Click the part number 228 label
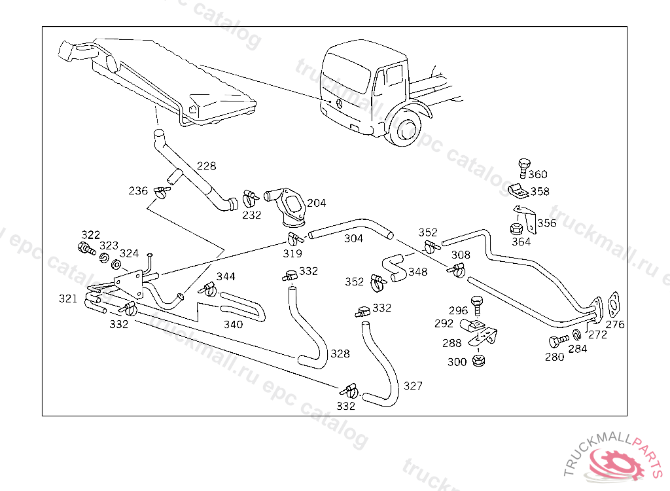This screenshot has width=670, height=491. (x=206, y=166)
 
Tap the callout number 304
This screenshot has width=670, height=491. (x=353, y=239)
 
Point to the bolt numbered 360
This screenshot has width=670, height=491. (x=523, y=166)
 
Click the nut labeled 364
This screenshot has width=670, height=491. (x=515, y=230)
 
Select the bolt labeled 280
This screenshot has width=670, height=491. (x=558, y=341)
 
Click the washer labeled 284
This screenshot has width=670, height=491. (x=575, y=336)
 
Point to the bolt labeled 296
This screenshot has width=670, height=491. (x=477, y=303)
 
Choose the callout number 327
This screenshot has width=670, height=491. (x=413, y=386)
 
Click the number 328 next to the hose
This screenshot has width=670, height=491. (x=340, y=354)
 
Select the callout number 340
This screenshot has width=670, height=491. (x=233, y=325)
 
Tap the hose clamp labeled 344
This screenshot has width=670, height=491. (x=209, y=289)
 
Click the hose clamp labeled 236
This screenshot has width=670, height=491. (x=161, y=192)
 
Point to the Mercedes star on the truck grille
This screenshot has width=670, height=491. (x=340, y=103)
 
